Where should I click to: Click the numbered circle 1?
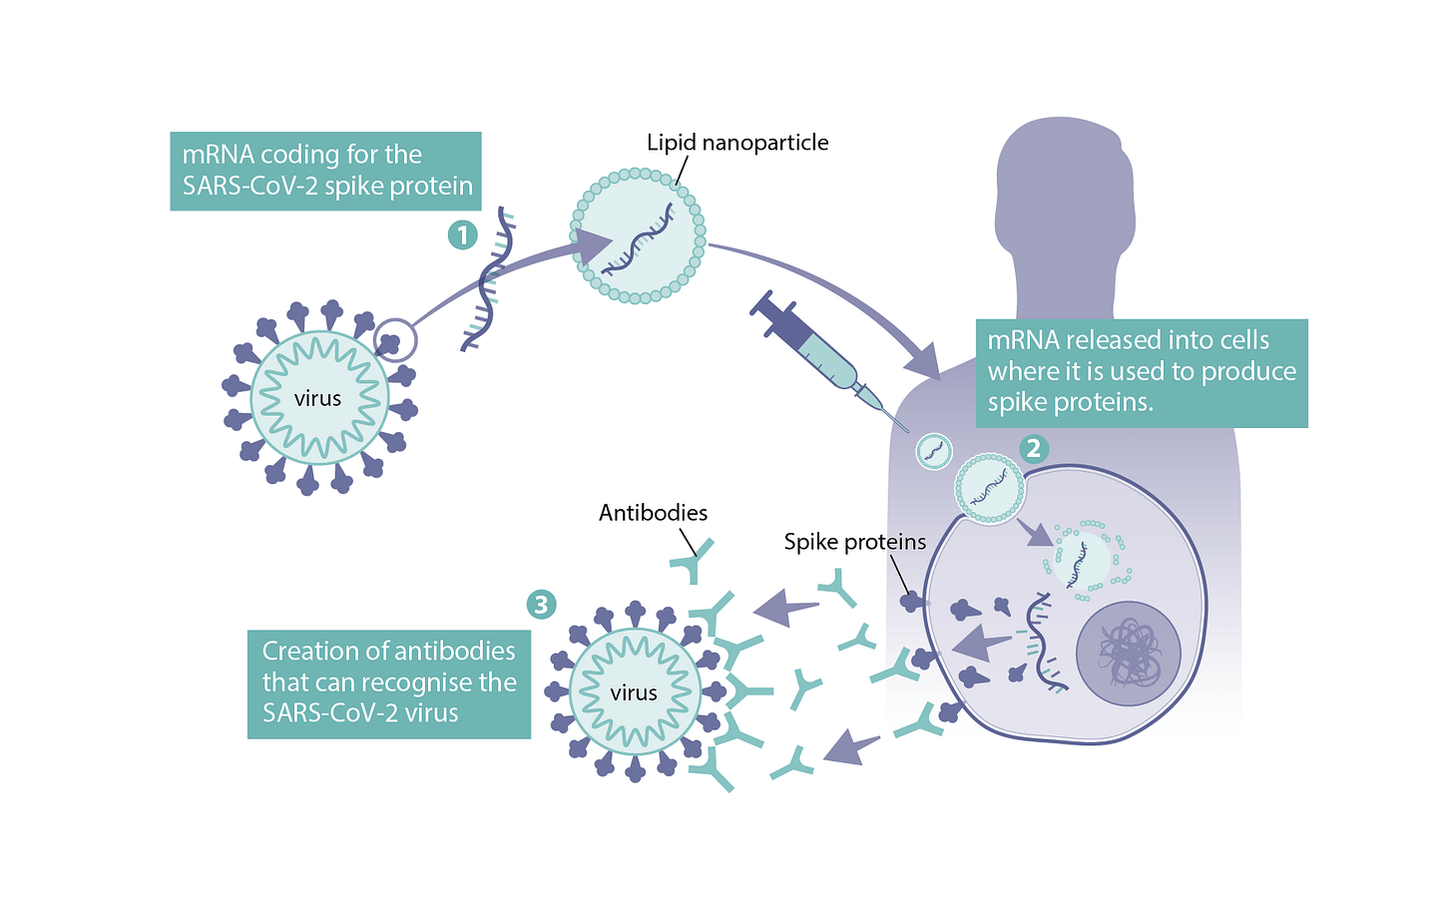click(x=462, y=235)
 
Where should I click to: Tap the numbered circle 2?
click(x=1033, y=448)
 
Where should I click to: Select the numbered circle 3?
click(x=541, y=604)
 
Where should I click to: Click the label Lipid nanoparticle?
click(x=737, y=143)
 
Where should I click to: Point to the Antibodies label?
click(x=653, y=513)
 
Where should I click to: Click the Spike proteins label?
click(x=854, y=542)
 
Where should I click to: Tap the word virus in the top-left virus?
click(x=317, y=399)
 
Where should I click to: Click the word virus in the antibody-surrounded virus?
click(x=633, y=692)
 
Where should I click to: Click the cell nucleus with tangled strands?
click(x=1128, y=654)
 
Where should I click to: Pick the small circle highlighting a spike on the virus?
click(x=395, y=340)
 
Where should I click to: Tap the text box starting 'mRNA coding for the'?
click(x=325, y=171)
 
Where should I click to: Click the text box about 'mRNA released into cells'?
click(x=1141, y=372)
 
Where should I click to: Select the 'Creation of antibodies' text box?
click(x=388, y=682)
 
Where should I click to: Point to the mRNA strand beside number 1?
click(x=489, y=283)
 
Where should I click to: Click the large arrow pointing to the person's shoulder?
click(x=923, y=359)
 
